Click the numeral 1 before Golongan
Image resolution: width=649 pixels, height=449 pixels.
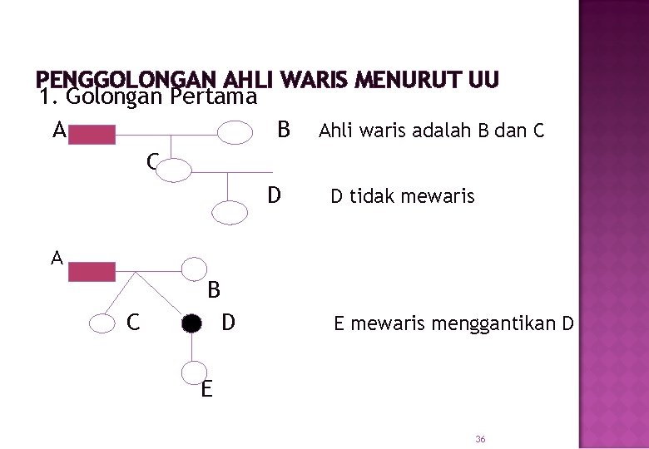point(47,97)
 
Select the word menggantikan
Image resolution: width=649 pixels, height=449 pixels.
point(503,323)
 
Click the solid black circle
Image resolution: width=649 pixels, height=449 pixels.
point(192,323)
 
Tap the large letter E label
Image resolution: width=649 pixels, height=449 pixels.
point(206,388)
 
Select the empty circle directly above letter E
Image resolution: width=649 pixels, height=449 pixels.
point(194,373)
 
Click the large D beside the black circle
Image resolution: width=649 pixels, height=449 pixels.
point(229,321)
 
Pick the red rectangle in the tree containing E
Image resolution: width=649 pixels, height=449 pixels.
point(92,271)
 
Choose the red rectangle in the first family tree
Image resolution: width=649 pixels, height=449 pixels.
point(92,134)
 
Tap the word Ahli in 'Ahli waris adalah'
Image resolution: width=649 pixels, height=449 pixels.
point(335,131)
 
